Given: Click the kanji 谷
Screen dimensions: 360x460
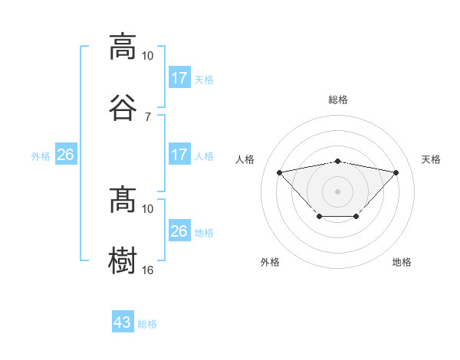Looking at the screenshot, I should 123,107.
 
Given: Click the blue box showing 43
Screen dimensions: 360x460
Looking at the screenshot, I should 123,322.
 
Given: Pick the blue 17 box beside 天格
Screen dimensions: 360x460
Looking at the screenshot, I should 179,78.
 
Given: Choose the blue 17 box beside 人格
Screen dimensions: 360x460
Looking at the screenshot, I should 179,155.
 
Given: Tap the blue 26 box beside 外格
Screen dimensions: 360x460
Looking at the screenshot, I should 66,155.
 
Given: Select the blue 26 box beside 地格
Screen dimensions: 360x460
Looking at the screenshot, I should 179,231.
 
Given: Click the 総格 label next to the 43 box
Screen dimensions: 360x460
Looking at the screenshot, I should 147,324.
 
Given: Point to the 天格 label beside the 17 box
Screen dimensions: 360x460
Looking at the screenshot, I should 203,80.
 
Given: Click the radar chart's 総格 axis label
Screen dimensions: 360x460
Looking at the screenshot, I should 338,100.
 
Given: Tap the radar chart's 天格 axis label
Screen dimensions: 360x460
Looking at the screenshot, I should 431,159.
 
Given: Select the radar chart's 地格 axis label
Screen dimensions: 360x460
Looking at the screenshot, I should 402,262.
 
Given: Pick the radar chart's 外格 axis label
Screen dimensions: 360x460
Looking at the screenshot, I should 270,262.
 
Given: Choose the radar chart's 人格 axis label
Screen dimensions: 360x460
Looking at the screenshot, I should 245,159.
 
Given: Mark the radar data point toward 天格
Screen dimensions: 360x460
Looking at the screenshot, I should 396,172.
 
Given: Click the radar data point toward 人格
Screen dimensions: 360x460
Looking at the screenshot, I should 279,172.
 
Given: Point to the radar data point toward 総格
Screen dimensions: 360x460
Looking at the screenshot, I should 337,161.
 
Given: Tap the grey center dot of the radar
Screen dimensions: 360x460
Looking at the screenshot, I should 337,191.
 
